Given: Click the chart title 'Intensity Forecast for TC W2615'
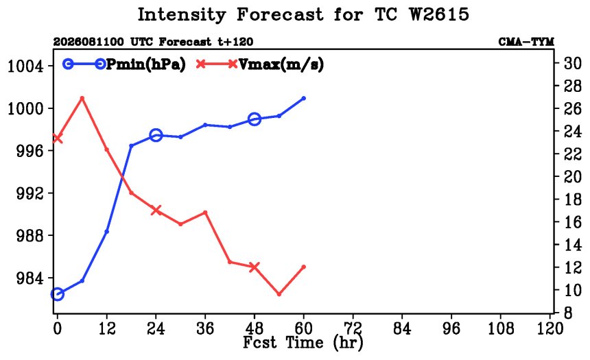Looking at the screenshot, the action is [x=303, y=15].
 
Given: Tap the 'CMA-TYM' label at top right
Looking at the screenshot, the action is [x=526, y=42].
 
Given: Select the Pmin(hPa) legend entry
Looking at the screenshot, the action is [x=125, y=64].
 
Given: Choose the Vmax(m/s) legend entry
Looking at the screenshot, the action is [x=260, y=64].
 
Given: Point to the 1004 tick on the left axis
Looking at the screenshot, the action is [x=25, y=67].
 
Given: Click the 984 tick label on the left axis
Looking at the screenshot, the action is [x=30, y=278].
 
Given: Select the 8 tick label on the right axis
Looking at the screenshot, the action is [x=568, y=313].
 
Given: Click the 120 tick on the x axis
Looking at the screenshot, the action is [x=550, y=328].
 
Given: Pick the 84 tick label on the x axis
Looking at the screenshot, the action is [x=402, y=328].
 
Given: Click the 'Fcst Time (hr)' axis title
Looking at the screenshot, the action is [x=303, y=343].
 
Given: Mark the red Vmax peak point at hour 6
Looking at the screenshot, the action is [x=82, y=98].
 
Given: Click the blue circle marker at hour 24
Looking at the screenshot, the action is [x=156, y=135].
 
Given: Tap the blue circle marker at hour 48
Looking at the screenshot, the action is [x=255, y=119].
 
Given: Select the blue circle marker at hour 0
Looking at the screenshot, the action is [x=57, y=294].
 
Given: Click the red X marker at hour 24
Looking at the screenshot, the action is [x=156, y=211].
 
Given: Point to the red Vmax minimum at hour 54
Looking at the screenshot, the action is [x=279, y=294].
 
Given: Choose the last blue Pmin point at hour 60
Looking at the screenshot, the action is [x=304, y=98].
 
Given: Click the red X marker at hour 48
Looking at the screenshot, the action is [x=255, y=267].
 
